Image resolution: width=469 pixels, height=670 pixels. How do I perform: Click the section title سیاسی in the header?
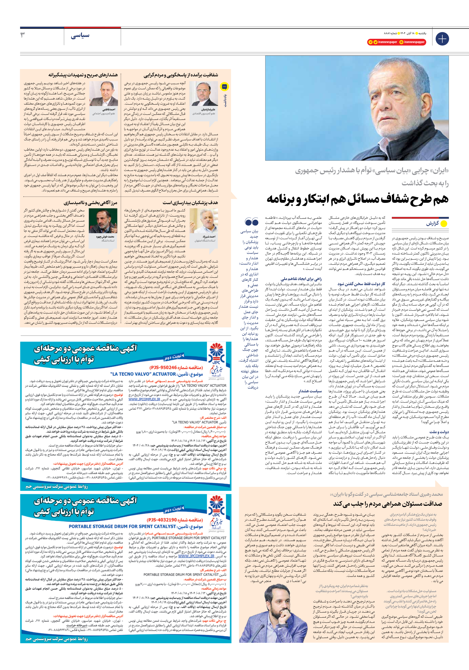(80, 36)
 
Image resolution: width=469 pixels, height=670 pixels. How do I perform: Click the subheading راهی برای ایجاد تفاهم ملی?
(301, 279)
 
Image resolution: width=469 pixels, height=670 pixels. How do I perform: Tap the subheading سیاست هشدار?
(310, 391)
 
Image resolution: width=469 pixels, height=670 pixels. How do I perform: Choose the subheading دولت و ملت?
(439, 432)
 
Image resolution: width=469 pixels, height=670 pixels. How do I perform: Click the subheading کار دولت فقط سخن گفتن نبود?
(361, 284)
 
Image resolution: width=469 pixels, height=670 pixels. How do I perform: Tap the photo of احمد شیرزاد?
(203, 221)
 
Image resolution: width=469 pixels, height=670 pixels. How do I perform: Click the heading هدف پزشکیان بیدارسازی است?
(190, 202)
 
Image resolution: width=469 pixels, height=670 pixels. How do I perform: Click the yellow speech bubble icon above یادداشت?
(224, 87)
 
